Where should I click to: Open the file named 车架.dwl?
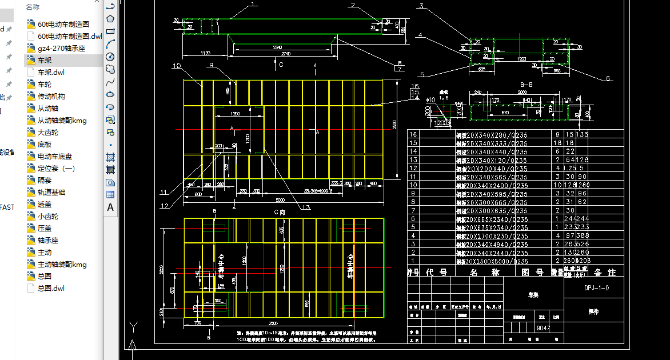pyautogui.click(x=51, y=72)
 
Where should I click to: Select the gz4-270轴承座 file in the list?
pyautogui.click(x=61, y=48)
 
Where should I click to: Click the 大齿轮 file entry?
pyautogui.click(x=47, y=132)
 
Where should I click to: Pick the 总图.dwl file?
pyautogui.click(x=51, y=288)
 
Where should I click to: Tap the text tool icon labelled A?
pyautogui.click(x=110, y=207)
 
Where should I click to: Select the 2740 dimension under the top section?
pyautogui.click(x=286, y=53)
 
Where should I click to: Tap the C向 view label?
pyautogui.click(x=280, y=212)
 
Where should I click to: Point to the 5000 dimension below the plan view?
pyautogui.click(x=280, y=201)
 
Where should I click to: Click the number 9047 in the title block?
pyautogui.click(x=543, y=329)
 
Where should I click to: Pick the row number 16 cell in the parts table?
pyautogui.click(x=414, y=135)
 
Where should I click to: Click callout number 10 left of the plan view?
pyautogui.click(x=176, y=66)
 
